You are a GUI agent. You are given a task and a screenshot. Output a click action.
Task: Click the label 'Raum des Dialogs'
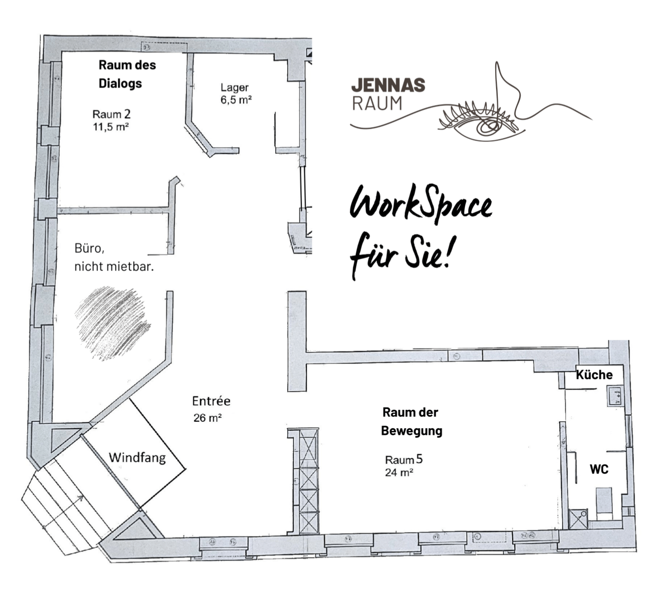point(127,74)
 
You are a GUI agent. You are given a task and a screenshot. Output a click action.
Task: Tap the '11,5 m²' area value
point(110,127)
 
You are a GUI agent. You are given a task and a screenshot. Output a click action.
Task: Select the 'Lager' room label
point(235,87)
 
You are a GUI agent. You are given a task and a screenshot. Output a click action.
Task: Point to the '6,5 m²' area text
point(236,100)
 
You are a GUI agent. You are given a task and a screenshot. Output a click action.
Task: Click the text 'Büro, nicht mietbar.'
point(114,257)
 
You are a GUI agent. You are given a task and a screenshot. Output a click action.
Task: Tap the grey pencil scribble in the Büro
point(112,323)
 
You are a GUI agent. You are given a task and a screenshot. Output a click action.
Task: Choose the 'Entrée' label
point(211,401)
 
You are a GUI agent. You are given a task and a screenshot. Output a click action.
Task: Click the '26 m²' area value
point(207,418)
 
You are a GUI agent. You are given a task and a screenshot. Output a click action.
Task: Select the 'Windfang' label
point(137,457)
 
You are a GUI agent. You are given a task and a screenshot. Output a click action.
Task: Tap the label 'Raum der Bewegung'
point(411,421)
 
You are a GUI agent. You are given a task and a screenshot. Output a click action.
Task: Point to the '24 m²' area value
point(399,473)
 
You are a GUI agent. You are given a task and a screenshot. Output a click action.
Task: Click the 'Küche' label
point(594,375)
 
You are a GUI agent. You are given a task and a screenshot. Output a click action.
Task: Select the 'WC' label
point(599,469)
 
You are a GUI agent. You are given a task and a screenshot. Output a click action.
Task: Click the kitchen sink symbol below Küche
point(615,396)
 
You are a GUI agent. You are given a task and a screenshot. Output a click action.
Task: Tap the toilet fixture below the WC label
point(604,501)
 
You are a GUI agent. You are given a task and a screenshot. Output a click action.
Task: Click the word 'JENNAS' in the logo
point(388,85)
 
